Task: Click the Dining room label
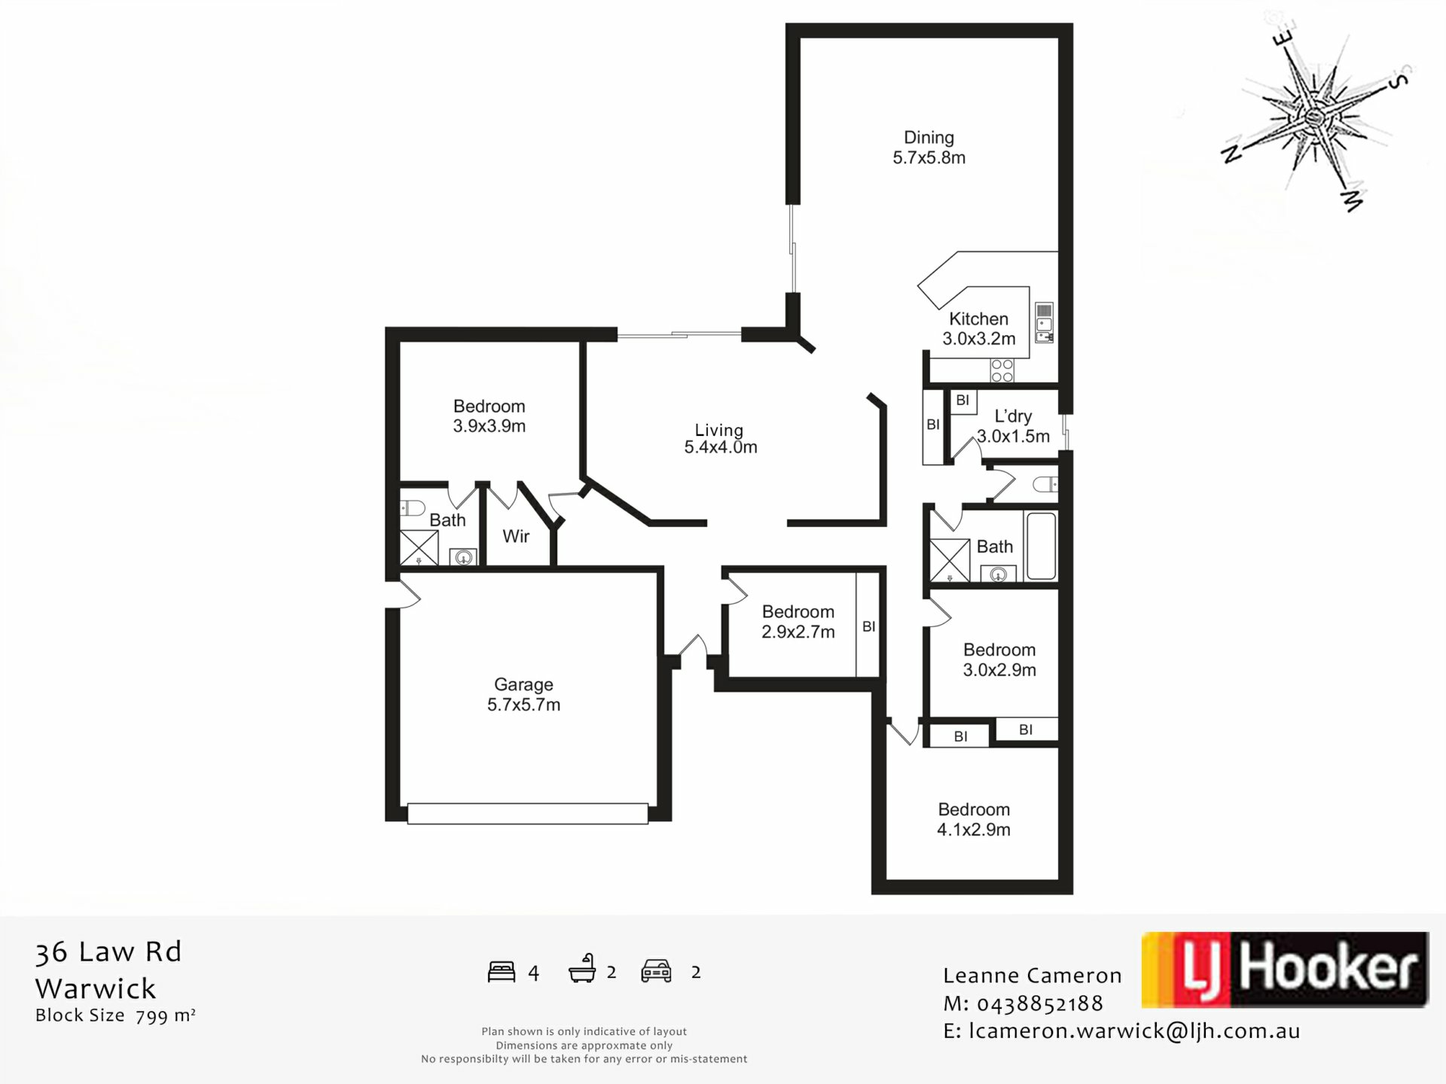pos(929,148)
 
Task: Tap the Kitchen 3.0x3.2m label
pos(978,329)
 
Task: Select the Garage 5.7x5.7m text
pos(523,695)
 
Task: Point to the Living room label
pos(720,439)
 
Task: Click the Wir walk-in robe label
pos(516,536)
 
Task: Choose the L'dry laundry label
pos(1013,426)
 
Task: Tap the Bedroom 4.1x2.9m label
pos(974,820)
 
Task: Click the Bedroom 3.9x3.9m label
pos(489,416)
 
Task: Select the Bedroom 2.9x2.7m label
pos(798,622)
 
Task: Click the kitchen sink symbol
pos(1044,323)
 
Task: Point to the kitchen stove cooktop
pos(1002,370)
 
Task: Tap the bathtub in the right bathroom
pos(1041,546)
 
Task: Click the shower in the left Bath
pos(419,548)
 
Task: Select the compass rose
pos(1314,117)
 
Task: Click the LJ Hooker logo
pos(1285,970)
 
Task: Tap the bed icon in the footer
pos(502,972)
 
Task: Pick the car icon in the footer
pos(656,971)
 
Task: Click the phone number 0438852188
pos(1040,1003)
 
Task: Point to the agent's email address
pos(1134,1031)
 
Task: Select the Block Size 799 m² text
pos(115,1015)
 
